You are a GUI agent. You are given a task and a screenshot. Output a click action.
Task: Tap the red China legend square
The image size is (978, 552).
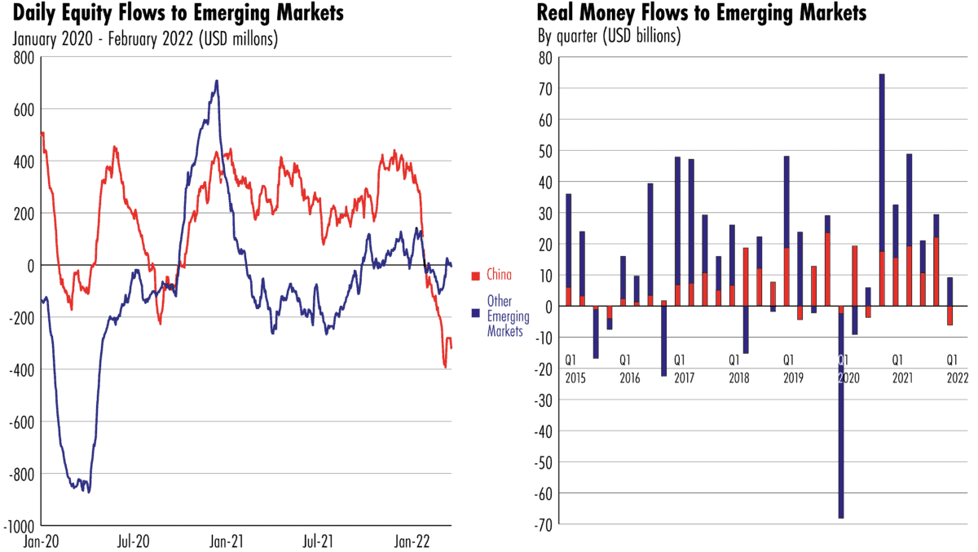(x=476, y=274)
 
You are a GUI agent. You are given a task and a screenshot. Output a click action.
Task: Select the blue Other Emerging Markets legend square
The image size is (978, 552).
(x=476, y=312)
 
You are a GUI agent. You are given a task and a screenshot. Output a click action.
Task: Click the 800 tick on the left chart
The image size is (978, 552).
(x=25, y=58)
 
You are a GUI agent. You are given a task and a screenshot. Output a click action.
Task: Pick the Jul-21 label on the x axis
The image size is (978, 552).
(x=319, y=540)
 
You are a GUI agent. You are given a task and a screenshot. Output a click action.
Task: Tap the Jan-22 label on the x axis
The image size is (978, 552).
(x=412, y=540)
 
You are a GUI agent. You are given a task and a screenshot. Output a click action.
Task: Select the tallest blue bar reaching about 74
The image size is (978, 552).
(x=882, y=163)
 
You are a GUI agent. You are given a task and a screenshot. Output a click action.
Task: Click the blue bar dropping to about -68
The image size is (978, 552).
(x=840, y=416)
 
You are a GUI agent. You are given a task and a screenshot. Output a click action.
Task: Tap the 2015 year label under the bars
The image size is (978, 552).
(x=575, y=378)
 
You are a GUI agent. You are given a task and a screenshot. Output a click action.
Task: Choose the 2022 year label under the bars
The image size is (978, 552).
(x=957, y=378)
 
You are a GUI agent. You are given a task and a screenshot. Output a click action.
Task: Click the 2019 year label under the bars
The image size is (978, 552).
(x=793, y=378)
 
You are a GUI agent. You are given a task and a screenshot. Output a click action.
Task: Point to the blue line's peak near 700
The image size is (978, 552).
(x=216, y=81)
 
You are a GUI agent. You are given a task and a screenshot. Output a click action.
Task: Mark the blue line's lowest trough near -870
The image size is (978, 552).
(x=88, y=492)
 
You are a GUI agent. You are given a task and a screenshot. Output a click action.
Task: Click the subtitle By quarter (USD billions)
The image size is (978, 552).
(x=608, y=37)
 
